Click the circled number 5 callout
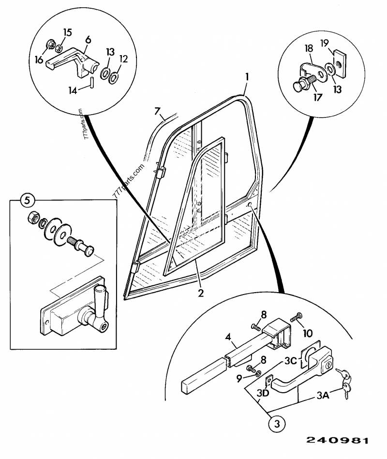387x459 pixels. (28, 199)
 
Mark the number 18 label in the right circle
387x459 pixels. (308, 48)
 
